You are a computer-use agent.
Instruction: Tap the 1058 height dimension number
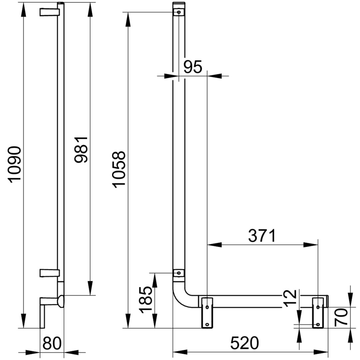pos(119,169)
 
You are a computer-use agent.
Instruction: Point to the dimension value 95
pos(193,67)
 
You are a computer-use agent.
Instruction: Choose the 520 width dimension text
pos(244,343)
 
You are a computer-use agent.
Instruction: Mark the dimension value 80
pos(52,343)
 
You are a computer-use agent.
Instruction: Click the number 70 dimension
pos(341,317)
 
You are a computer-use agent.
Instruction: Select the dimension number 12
pos(290,298)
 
